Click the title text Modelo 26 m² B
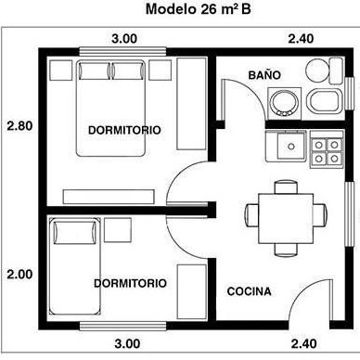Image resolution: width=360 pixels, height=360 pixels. [198, 9]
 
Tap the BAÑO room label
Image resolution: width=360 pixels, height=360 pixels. [264, 75]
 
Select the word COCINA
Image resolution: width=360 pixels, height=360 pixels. [249, 291]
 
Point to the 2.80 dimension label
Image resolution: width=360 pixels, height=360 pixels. [19, 126]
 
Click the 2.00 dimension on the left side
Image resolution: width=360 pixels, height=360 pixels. [19, 275]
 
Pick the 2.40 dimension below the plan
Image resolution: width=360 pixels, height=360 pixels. [303, 343]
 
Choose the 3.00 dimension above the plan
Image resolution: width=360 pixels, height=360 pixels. [124, 39]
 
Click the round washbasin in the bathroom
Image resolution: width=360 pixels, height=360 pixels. [284, 104]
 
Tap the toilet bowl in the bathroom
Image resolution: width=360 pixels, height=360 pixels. [316, 70]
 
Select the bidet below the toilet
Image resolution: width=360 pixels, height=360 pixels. [324, 101]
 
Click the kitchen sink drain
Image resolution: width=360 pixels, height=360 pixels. [290, 146]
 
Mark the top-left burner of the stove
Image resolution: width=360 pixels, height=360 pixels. [319, 145]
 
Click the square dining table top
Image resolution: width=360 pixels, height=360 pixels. [286, 218]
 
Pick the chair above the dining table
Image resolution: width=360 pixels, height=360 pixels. [286, 187]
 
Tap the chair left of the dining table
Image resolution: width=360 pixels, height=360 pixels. [252, 215]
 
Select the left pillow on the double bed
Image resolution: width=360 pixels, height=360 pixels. [95, 71]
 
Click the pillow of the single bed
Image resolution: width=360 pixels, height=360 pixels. [75, 233]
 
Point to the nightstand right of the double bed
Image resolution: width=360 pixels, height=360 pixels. [160, 71]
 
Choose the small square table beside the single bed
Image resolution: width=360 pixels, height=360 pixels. [118, 230]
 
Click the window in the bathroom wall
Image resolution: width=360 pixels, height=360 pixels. [350, 94]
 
